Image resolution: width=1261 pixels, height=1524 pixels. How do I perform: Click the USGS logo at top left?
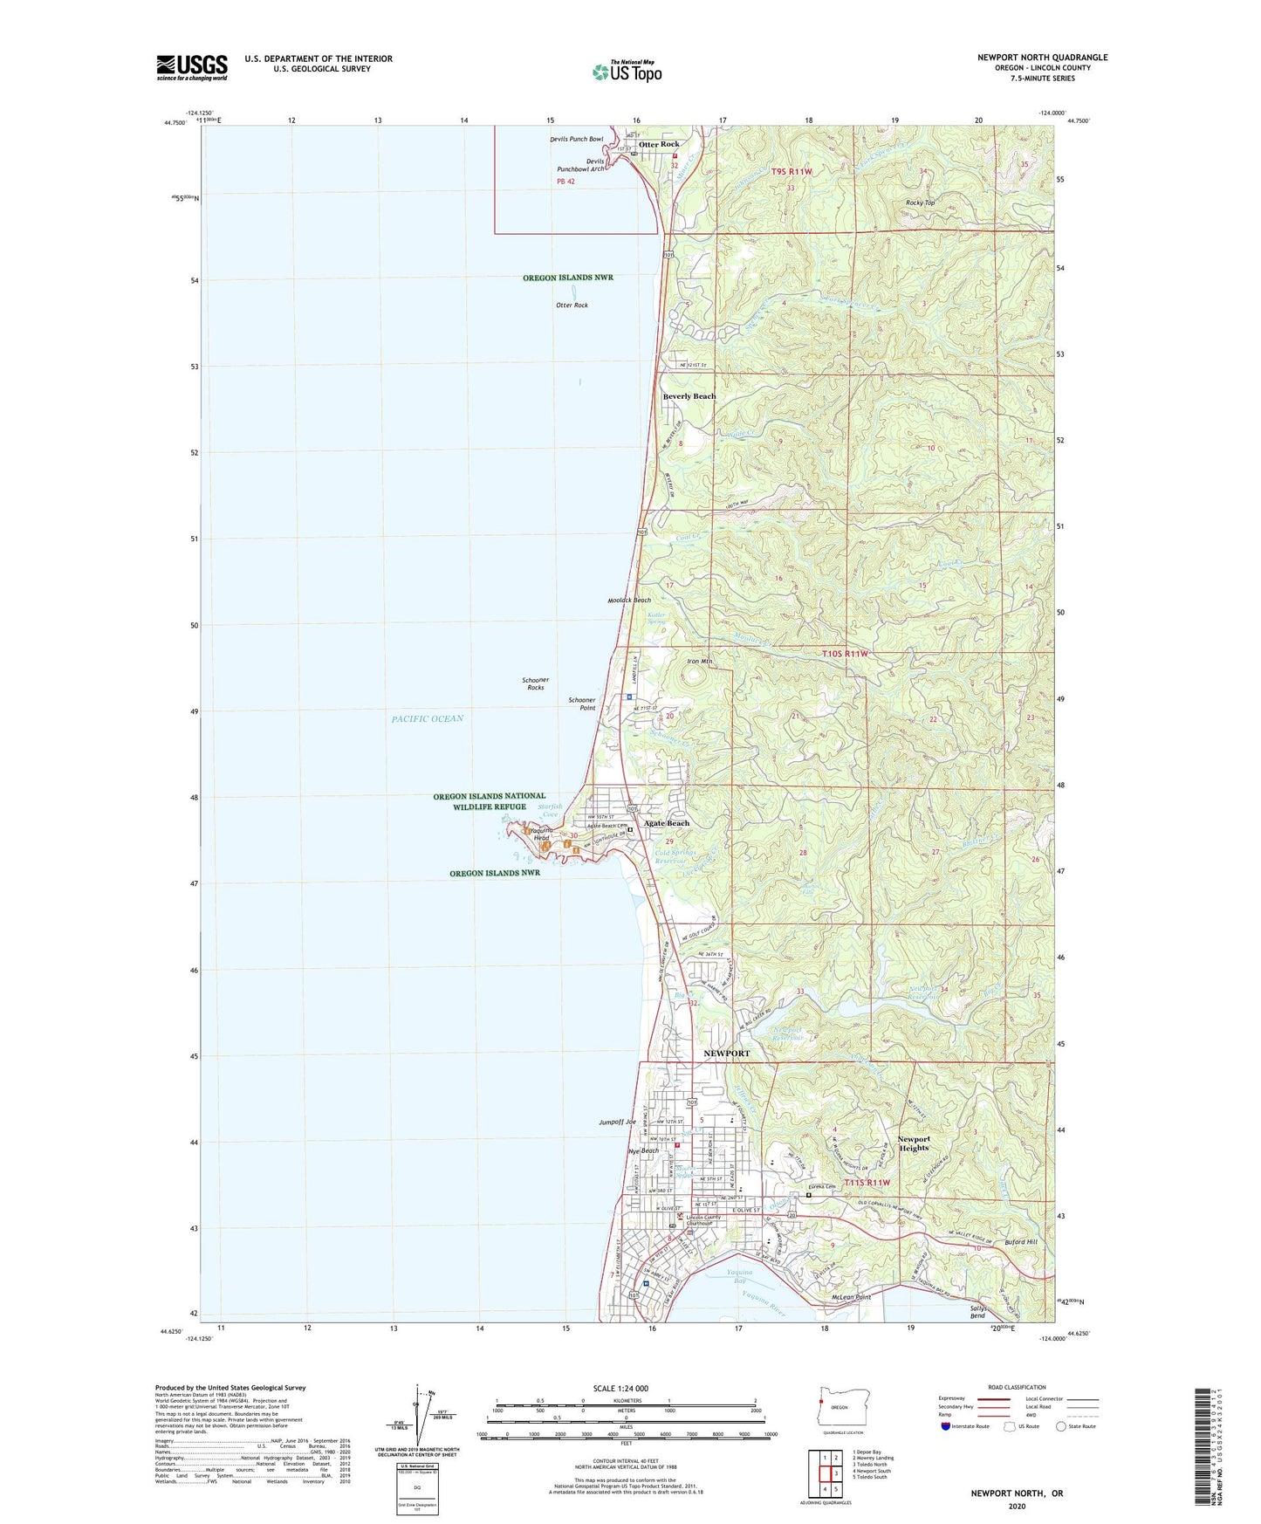192,67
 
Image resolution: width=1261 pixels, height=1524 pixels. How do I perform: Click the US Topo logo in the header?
627,72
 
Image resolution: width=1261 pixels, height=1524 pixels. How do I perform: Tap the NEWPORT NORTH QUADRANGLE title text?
1042,58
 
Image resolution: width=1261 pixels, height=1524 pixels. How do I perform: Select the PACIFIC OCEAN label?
428,718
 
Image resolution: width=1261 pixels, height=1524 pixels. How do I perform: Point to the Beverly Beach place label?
689,396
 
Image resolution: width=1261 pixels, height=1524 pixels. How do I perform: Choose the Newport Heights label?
914,1143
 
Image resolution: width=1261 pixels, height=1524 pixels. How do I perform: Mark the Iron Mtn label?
700,662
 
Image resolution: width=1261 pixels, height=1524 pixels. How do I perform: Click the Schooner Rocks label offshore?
535,683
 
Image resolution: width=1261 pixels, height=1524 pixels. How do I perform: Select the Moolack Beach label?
629,601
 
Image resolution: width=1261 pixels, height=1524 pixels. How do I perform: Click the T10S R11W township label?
846,654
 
